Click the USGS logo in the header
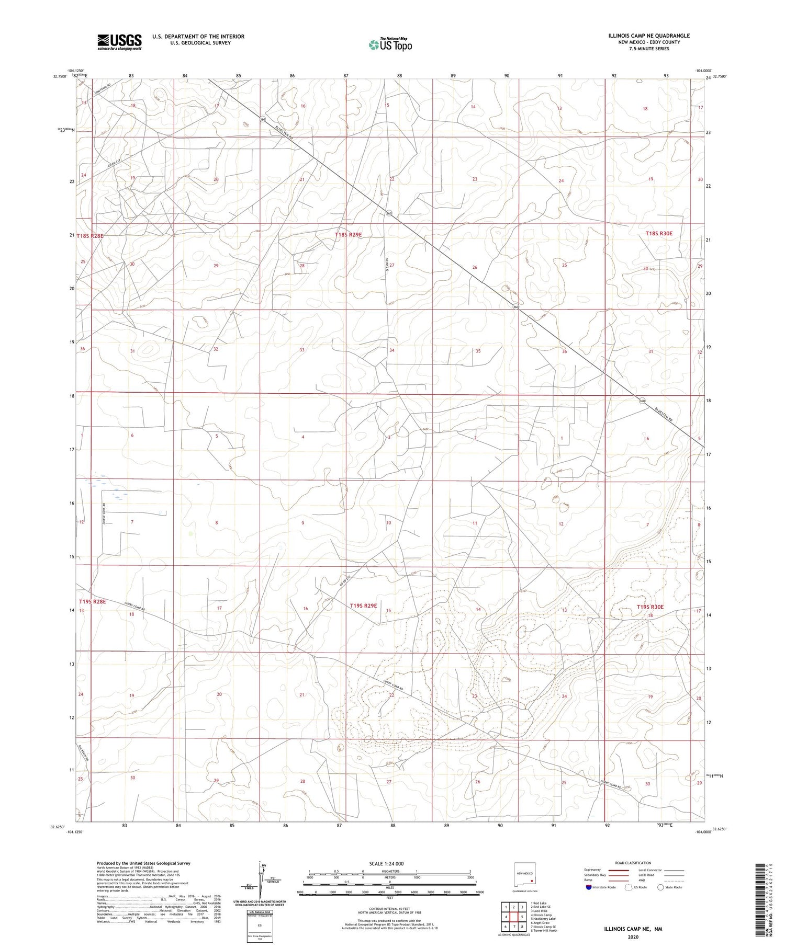[119, 42]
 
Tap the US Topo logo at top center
[390, 45]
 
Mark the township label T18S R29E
[348, 235]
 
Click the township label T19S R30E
[650, 607]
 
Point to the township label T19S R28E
[92, 602]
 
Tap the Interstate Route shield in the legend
[589, 887]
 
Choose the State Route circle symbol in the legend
[661, 887]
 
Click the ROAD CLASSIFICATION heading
[632, 863]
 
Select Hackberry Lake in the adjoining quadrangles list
[544, 918]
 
